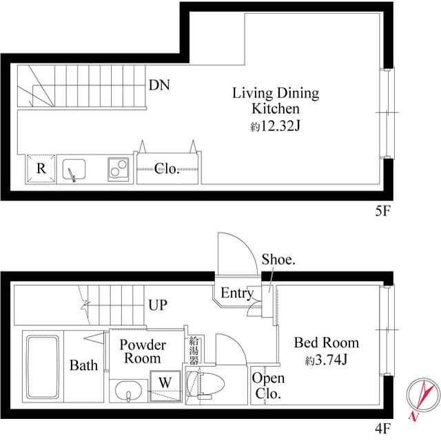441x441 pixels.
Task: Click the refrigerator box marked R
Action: (x=41, y=169)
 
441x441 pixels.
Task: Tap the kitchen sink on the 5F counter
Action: (x=74, y=170)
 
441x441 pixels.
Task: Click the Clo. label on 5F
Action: (x=167, y=169)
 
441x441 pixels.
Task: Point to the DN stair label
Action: (x=159, y=86)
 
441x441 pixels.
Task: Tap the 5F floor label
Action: (x=382, y=212)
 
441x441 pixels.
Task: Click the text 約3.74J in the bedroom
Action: (x=326, y=360)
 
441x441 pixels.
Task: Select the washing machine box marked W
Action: (x=165, y=381)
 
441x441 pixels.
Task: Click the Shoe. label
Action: (x=278, y=260)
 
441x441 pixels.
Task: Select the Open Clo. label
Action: (x=268, y=386)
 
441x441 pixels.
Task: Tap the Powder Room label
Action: (x=143, y=351)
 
